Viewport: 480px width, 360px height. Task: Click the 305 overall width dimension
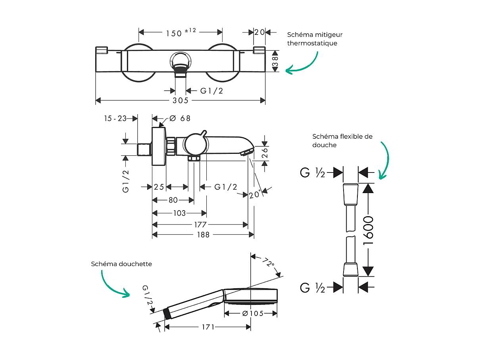coord(180,101)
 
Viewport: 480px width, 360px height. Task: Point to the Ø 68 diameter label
coord(180,118)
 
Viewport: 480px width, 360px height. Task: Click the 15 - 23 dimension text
coord(115,118)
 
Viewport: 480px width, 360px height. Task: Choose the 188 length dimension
coord(203,235)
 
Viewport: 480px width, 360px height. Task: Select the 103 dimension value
coord(179,213)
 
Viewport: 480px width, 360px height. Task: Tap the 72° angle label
coord(268,262)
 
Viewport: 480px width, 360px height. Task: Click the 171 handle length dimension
coord(208,327)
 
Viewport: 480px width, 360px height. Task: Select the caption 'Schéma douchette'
coord(121,264)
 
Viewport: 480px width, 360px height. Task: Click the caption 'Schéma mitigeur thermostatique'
coord(315,39)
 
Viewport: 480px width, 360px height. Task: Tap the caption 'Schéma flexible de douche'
coord(342,140)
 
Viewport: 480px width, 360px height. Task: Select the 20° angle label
coord(255,195)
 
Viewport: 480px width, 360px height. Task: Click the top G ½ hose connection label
coord(313,173)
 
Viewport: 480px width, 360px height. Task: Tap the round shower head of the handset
coord(251,296)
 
